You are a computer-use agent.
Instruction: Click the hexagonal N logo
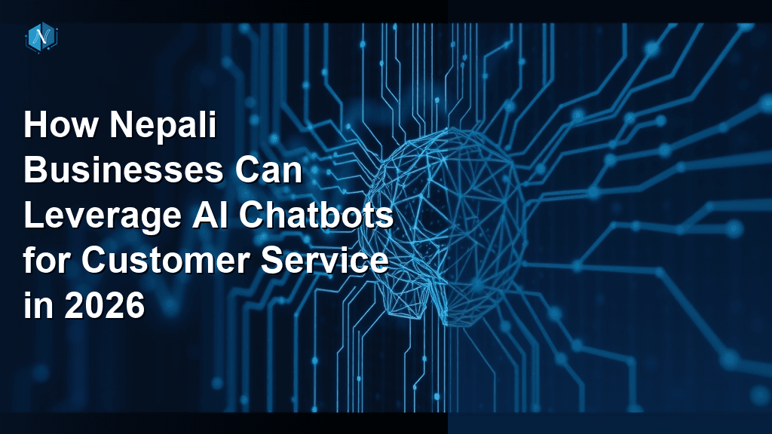(x=42, y=37)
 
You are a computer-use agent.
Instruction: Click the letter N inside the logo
(x=42, y=37)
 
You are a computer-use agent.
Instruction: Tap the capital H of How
(x=35, y=125)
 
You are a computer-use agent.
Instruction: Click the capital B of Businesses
(x=35, y=170)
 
